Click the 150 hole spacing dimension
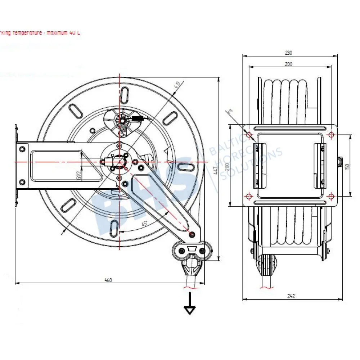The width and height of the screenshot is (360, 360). pos(347,166)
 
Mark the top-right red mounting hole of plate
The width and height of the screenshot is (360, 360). pos(331,135)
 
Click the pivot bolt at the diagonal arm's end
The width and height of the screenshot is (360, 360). pos(192,235)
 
